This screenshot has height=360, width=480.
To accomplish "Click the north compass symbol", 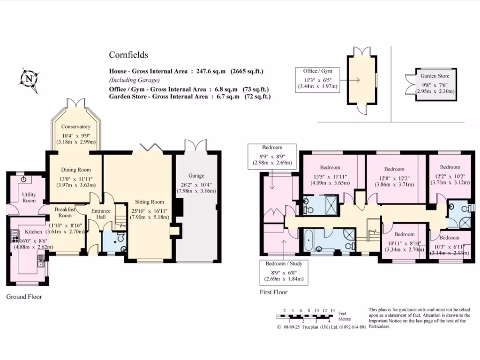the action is pos(30,79).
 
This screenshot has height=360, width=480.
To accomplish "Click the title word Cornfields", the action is pos(128,55).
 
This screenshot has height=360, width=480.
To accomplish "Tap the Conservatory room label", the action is pos(75,127).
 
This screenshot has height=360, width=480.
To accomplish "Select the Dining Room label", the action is pos(76,170).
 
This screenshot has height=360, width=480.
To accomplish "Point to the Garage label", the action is pos(196,176).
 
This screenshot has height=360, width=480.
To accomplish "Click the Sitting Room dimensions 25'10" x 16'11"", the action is pos(150,211).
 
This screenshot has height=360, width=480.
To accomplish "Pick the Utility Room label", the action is pos(29,197).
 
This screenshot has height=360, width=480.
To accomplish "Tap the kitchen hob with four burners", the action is pos(15,236).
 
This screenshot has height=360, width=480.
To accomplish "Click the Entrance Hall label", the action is pos(101,214).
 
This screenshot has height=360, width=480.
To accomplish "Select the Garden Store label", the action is pos(435,76).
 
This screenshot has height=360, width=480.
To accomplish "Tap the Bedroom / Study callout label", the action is pos(284,263).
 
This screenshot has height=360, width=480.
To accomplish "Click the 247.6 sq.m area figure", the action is pos(211,71).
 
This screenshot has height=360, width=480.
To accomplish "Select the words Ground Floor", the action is pos(24,297).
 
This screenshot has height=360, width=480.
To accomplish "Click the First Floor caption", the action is pos(274,292).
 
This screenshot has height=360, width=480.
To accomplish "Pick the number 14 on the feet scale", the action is pos(332,310).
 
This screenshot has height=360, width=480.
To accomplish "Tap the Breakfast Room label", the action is pos(65,212).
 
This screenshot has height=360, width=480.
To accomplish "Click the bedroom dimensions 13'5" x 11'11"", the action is pos(330,177).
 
